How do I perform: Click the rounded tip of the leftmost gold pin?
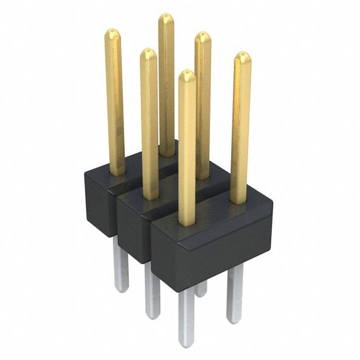pyautogui.click(x=113, y=33)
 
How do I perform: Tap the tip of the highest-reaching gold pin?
pyautogui.click(x=166, y=18)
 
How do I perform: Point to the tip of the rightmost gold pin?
pyautogui.click(x=243, y=56)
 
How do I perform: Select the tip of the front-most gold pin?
pyautogui.click(x=186, y=74)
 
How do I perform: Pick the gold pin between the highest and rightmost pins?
pyautogui.click(x=203, y=106)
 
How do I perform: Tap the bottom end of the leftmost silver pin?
pyautogui.click(x=121, y=288)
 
